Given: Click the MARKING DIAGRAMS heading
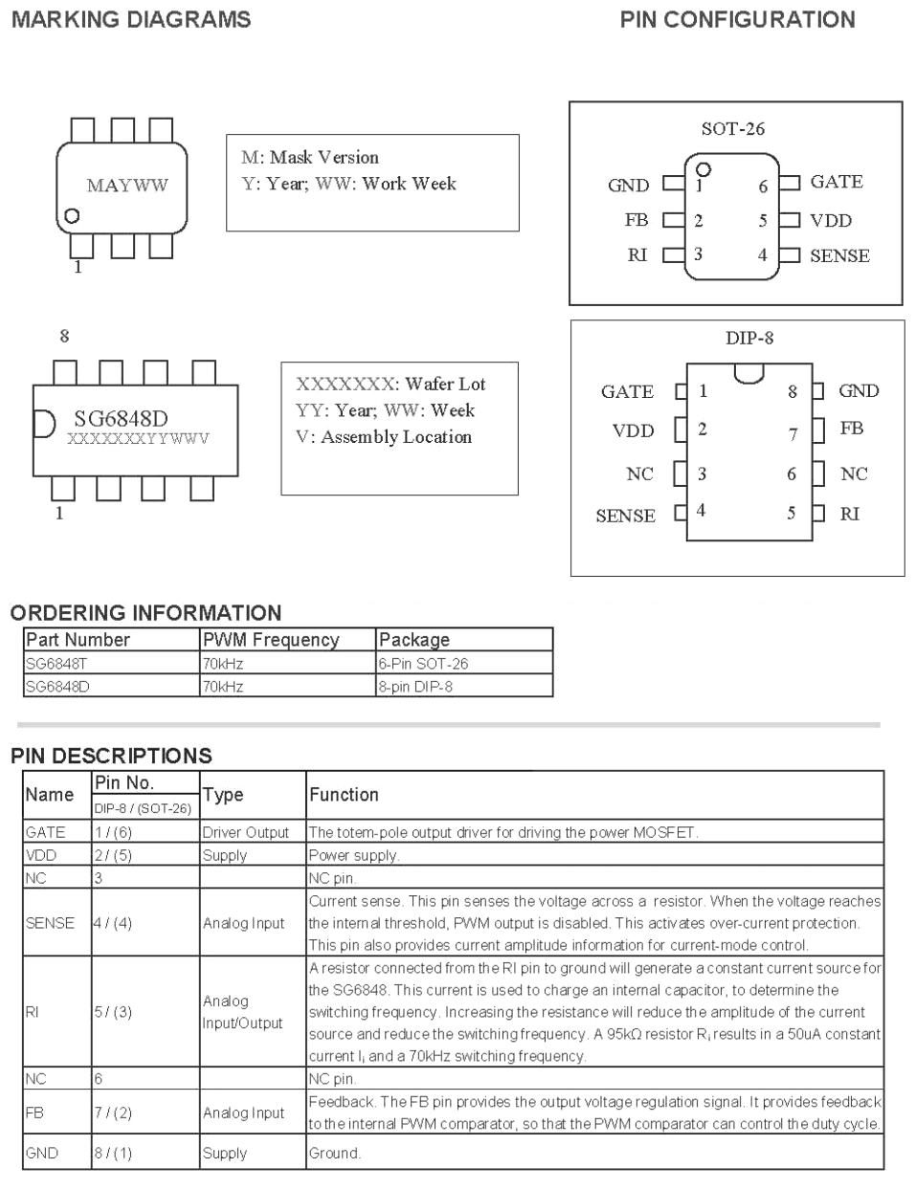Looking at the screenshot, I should coord(131,19).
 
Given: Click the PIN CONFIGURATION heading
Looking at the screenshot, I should coord(737,19).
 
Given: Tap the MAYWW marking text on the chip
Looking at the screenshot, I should coord(127,186).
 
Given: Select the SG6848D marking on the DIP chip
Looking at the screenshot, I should coord(121,418).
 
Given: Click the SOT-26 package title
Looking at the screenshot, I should coord(733,129).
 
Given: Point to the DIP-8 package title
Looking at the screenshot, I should coord(748,338).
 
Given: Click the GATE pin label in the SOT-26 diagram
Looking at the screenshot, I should coord(836,182).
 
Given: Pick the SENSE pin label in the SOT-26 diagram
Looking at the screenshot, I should coord(839,255).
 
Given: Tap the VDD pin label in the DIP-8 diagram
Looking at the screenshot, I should coord(633,430).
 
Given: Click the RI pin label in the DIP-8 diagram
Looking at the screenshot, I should coord(849,514).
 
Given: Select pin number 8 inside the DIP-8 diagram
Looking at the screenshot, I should coord(792,391).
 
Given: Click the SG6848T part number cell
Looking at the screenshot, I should coord(56,663).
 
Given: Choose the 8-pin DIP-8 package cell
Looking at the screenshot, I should coord(415,686).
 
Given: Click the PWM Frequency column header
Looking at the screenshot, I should coord(271,640).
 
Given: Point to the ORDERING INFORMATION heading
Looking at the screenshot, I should coord(145,613).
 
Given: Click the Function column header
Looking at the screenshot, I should coord(344,794).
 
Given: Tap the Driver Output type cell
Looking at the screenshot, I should coord(245,832).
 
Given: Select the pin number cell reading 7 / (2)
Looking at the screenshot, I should coord(113,1113).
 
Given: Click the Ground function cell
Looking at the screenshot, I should coord(334,1153).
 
